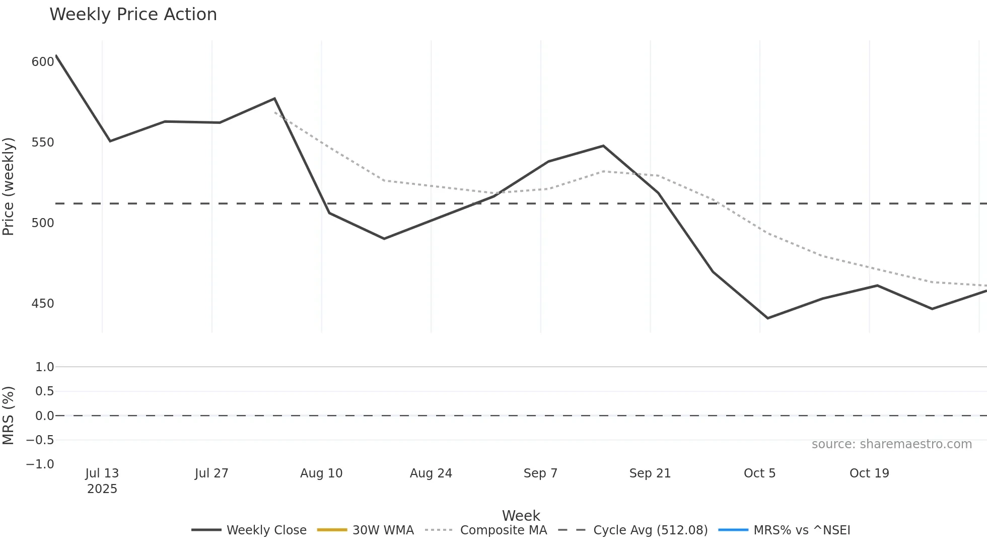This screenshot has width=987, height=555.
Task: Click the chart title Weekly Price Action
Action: (133, 15)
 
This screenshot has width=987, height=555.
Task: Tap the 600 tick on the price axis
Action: (42, 62)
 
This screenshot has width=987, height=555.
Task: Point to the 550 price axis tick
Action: (42, 143)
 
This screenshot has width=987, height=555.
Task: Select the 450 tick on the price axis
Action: (42, 304)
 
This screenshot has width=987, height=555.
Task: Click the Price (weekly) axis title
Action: (9, 186)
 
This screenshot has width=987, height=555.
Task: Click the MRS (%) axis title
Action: (9, 415)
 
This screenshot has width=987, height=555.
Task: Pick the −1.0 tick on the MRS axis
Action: (40, 464)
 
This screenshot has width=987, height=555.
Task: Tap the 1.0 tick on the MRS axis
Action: (44, 367)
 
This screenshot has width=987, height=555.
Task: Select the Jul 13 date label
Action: (102, 473)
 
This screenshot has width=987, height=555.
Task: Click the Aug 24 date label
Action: (431, 473)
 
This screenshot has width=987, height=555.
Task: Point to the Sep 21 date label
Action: (650, 473)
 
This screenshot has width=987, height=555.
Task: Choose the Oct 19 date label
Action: (869, 473)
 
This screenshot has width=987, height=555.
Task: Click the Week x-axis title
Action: (521, 516)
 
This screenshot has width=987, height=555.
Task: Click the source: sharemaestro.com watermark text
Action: (891, 444)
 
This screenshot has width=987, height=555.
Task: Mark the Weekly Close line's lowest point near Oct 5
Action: (767, 318)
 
